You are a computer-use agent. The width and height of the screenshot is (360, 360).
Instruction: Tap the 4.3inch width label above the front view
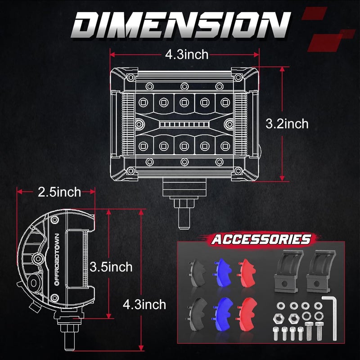(186, 54)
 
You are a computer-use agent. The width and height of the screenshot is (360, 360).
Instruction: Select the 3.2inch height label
(287, 123)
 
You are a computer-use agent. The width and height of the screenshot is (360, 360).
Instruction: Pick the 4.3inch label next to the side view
(144, 305)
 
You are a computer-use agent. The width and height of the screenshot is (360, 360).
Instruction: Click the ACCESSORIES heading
(261, 239)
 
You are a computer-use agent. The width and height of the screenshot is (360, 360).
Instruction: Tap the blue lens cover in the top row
(222, 270)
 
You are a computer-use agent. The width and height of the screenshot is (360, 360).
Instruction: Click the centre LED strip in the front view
(184, 123)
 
